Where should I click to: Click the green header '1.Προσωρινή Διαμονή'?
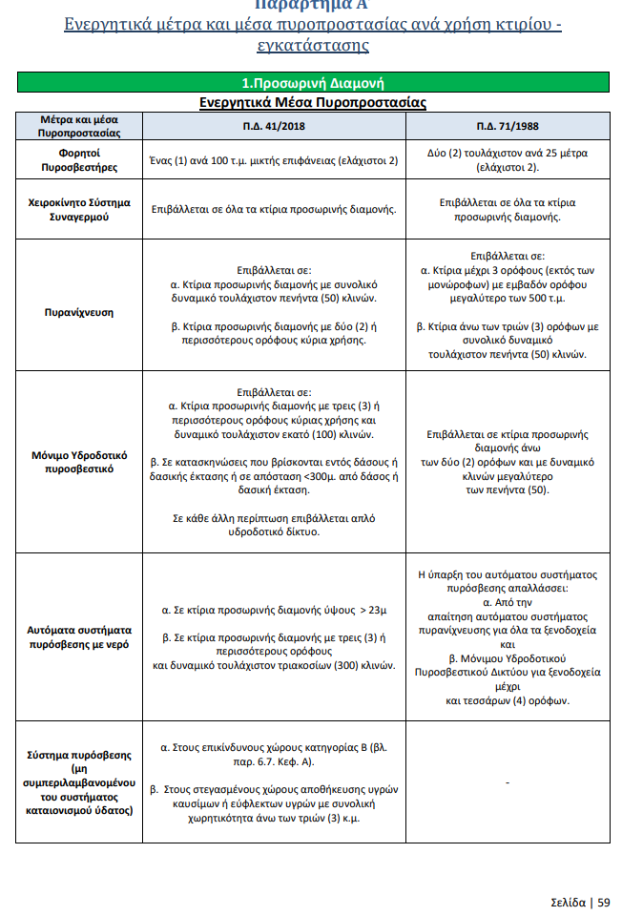tap(312, 83)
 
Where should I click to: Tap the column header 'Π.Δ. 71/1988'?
tap(507, 126)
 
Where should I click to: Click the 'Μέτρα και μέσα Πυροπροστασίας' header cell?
tap(78, 126)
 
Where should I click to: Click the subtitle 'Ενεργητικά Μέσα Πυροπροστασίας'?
tap(312, 102)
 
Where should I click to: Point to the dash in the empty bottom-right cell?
tap(508, 783)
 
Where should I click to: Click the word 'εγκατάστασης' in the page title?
tap(312, 46)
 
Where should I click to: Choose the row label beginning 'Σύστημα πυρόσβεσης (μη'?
tap(78, 782)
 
